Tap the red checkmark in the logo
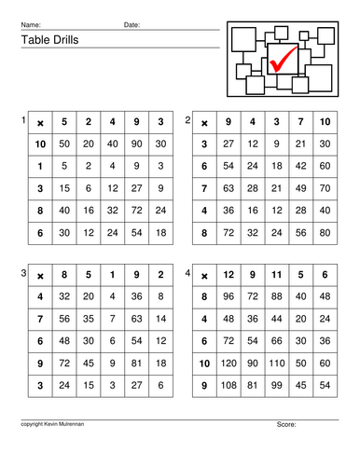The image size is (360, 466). pos(282,59)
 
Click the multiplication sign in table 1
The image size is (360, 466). pos(39,123)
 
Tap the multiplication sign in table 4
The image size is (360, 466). pos(204,276)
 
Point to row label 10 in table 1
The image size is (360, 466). pos(39,144)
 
